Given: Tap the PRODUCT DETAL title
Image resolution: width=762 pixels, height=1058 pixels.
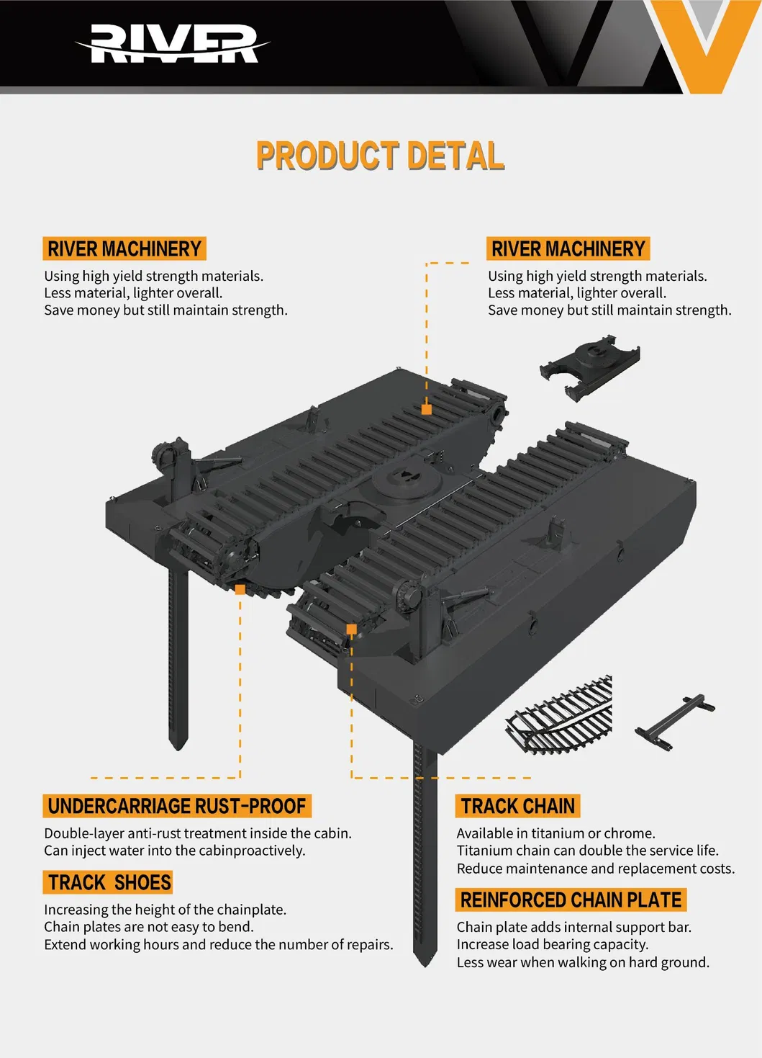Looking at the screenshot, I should (380, 156).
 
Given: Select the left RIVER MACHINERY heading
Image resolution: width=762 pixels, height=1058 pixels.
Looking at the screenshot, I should (124, 249).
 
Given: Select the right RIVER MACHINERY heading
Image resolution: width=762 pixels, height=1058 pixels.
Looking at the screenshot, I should (568, 249).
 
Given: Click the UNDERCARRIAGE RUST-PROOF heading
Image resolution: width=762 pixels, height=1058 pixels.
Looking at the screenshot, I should (177, 806).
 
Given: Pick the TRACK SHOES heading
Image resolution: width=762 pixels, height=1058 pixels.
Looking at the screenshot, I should (109, 882).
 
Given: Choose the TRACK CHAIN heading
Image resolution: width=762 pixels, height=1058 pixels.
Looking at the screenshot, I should (517, 806).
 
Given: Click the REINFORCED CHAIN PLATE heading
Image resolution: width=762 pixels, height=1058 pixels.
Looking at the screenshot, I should (571, 900).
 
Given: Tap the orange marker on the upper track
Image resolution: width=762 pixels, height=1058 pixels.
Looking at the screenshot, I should (427, 409).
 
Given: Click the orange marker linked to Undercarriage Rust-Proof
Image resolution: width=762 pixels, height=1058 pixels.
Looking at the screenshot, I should (240, 589).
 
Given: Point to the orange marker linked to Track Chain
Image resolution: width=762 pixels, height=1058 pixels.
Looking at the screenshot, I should (351, 629).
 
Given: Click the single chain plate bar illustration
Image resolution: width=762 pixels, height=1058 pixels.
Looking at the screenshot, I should (675, 722).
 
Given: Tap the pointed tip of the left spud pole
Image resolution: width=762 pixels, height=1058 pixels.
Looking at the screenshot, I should (178, 745).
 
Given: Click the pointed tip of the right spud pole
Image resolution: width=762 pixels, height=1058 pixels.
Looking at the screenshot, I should (425, 961).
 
